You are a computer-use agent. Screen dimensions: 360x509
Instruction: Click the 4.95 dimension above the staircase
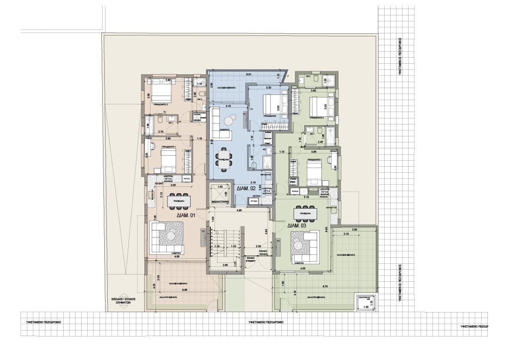239,210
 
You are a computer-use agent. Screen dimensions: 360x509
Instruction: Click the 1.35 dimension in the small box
365,307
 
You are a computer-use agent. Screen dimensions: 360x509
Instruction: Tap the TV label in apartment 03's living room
278,241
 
